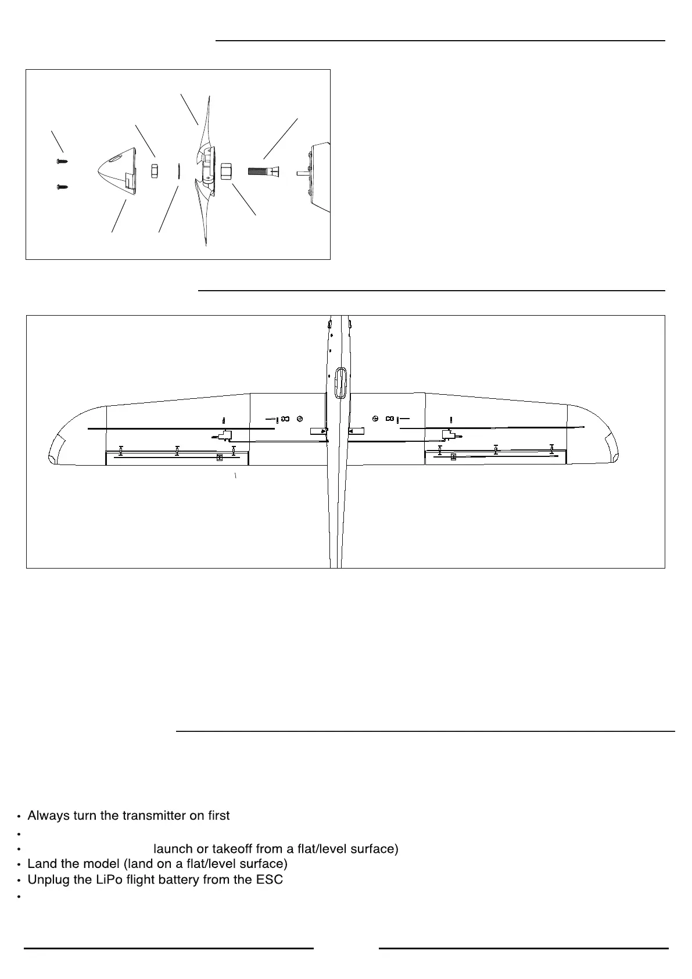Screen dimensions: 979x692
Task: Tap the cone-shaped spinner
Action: click(116, 173)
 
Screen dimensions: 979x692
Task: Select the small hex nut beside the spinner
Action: click(155, 171)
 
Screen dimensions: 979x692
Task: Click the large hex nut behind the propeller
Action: click(227, 172)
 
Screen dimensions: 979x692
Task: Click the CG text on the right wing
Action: click(390, 419)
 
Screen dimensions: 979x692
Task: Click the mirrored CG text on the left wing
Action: click(285, 419)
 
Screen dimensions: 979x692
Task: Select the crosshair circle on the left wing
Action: click(299, 419)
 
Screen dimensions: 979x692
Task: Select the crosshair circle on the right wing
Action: click(375, 419)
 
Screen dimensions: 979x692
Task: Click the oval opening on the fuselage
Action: click(340, 383)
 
